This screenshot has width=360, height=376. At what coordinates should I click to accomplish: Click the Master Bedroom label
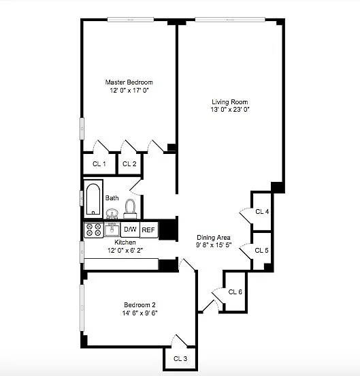(x=129, y=82)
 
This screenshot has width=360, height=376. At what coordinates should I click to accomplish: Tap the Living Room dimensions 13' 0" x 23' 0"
(x=230, y=110)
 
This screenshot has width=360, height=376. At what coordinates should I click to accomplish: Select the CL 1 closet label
(x=99, y=164)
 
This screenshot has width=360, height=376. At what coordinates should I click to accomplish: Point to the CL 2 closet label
(x=129, y=164)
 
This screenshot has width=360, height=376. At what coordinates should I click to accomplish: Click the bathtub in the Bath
(x=93, y=199)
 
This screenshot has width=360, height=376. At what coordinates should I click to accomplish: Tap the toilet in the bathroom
(x=130, y=208)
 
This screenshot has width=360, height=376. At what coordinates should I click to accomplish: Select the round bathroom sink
(x=112, y=213)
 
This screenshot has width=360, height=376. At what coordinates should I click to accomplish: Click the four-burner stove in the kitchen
(x=94, y=230)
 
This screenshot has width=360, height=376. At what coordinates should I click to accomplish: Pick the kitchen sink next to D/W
(x=112, y=230)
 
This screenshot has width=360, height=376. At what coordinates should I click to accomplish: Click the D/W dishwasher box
(x=130, y=230)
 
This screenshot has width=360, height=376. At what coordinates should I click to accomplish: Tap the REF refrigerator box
(x=149, y=230)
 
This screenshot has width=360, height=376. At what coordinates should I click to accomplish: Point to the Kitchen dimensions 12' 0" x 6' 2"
(x=125, y=251)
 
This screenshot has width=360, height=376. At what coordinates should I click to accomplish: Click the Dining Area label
(x=214, y=238)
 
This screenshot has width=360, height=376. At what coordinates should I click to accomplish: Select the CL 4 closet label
(x=262, y=212)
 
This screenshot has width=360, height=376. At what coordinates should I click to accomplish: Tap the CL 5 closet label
(x=261, y=251)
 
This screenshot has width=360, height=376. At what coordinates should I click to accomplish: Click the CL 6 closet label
(x=235, y=292)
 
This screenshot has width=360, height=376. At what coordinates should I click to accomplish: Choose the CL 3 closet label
(x=180, y=359)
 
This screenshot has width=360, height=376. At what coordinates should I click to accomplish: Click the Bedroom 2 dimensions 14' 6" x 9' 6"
(x=140, y=313)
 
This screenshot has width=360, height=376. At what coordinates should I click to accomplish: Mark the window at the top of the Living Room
(x=230, y=20)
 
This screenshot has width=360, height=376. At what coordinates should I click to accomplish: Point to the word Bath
(x=112, y=198)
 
